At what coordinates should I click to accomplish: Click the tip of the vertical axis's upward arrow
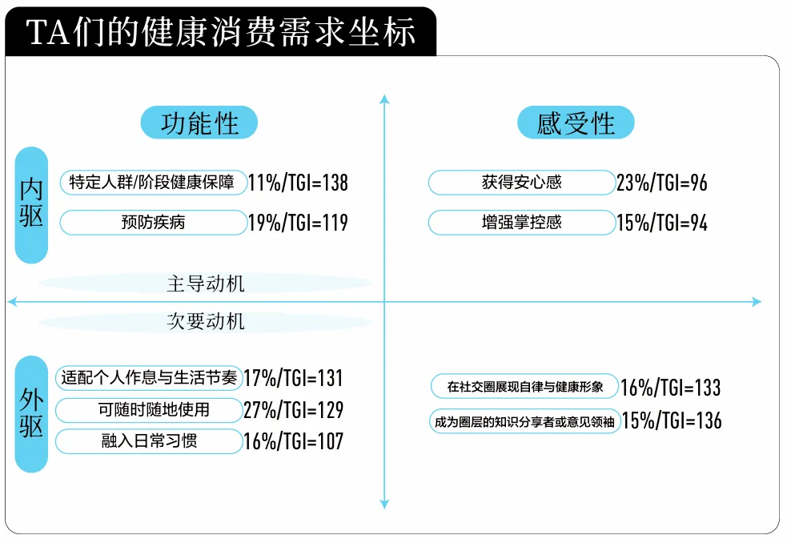point(384,95)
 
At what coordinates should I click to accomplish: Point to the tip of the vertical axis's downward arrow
point(384,509)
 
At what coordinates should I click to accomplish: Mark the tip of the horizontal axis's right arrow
point(762,302)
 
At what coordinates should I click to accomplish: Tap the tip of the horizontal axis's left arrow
point(7,302)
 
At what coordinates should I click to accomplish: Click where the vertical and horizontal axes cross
point(384,302)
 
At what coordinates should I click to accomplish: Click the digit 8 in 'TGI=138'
point(343,183)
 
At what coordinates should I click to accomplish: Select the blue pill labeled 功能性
point(199,123)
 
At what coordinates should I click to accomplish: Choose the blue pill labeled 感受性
point(576,123)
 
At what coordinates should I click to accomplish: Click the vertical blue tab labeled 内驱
point(31,205)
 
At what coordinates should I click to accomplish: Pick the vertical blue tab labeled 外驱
point(31,414)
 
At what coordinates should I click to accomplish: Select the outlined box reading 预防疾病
point(154,223)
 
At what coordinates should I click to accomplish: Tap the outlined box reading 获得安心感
point(522,183)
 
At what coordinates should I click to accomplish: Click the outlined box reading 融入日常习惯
point(149,441)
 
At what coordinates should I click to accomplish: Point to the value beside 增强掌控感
point(662,223)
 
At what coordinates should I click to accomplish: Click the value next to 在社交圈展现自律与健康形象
point(671,388)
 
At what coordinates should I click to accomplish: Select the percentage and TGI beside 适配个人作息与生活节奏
point(293,378)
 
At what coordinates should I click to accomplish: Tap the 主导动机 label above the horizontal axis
point(206,284)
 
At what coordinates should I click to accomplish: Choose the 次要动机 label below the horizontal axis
point(206,321)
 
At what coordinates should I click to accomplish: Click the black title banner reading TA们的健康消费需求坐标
point(221,31)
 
